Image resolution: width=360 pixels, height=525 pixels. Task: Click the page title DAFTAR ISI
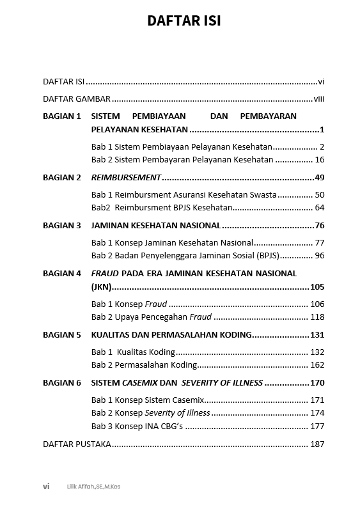(x=184, y=21)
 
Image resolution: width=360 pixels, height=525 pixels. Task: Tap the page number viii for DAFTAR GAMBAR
(x=319, y=99)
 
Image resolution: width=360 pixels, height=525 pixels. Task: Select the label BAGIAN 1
(x=62, y=116)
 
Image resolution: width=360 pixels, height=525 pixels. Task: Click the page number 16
(x=320, y=160)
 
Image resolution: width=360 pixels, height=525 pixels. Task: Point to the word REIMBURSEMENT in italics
(x=126, y=177)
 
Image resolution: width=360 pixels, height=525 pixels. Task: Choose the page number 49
(x=320, y=177)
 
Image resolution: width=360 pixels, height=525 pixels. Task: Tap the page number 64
(x=320, y=207)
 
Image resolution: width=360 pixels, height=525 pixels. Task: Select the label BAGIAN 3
(x=62, y=225)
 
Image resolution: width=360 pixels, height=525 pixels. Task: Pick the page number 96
(x=320, y=256)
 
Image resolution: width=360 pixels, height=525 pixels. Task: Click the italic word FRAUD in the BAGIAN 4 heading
(x=106, y=273)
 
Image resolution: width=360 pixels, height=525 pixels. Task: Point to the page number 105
(x=317, y=286)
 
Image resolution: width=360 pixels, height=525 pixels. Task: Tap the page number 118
(x=317, y=317)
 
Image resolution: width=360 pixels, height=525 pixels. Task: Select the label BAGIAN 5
(x=62, y=334)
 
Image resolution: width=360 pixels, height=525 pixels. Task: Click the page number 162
(x=317, y=365)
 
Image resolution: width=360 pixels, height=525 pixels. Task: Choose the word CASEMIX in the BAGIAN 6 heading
(x=139, y=382)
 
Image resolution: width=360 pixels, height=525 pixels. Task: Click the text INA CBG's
(x=164, y=426)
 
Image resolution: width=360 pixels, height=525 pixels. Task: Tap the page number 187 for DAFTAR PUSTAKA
(x=317, y=444)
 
